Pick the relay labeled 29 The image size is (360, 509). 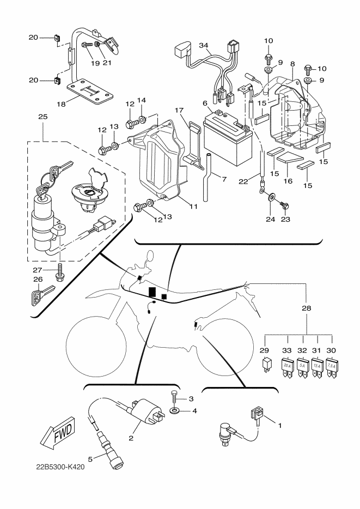(x=267, y=363)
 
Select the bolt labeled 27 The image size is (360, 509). (x=59, y=272)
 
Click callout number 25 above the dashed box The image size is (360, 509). (x=42, y=116)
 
